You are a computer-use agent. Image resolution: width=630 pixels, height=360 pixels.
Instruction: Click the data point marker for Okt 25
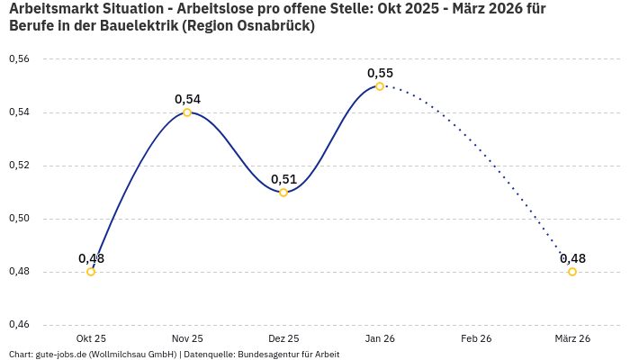point(91,272)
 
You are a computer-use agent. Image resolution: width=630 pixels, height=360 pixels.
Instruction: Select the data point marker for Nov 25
point(187,112)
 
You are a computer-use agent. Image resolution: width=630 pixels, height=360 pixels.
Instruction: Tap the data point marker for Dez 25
point(283,193)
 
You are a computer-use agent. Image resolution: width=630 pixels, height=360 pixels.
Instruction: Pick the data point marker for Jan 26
point(380,86)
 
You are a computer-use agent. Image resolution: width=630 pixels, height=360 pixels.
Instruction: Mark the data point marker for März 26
point(572,272)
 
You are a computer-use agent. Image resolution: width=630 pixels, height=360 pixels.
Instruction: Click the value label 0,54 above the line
point(187,99)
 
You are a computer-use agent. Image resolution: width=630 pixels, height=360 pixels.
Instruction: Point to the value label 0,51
point(283,179)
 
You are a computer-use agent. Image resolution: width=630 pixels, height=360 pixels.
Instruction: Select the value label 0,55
point(380,73)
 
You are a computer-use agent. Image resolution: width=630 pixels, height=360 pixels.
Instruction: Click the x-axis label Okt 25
point(91,338)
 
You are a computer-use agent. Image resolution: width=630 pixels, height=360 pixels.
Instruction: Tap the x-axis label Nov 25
point(187,338)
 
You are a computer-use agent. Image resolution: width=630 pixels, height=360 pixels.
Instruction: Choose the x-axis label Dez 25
point(283,338)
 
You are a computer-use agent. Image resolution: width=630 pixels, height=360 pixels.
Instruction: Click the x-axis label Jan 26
point(380,338)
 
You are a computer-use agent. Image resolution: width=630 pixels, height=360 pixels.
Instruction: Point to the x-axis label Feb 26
point(476,338)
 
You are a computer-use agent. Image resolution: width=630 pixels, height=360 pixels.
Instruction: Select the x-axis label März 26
point(572,338)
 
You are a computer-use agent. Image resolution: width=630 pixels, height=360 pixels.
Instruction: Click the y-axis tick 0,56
point(19,59)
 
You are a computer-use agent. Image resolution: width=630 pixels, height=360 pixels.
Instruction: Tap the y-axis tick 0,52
point(19,166)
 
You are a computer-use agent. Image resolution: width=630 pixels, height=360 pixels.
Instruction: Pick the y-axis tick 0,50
point(19,219)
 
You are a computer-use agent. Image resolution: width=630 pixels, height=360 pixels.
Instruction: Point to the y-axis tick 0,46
point(19,325)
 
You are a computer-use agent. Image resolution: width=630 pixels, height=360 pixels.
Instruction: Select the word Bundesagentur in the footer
point(265,355)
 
